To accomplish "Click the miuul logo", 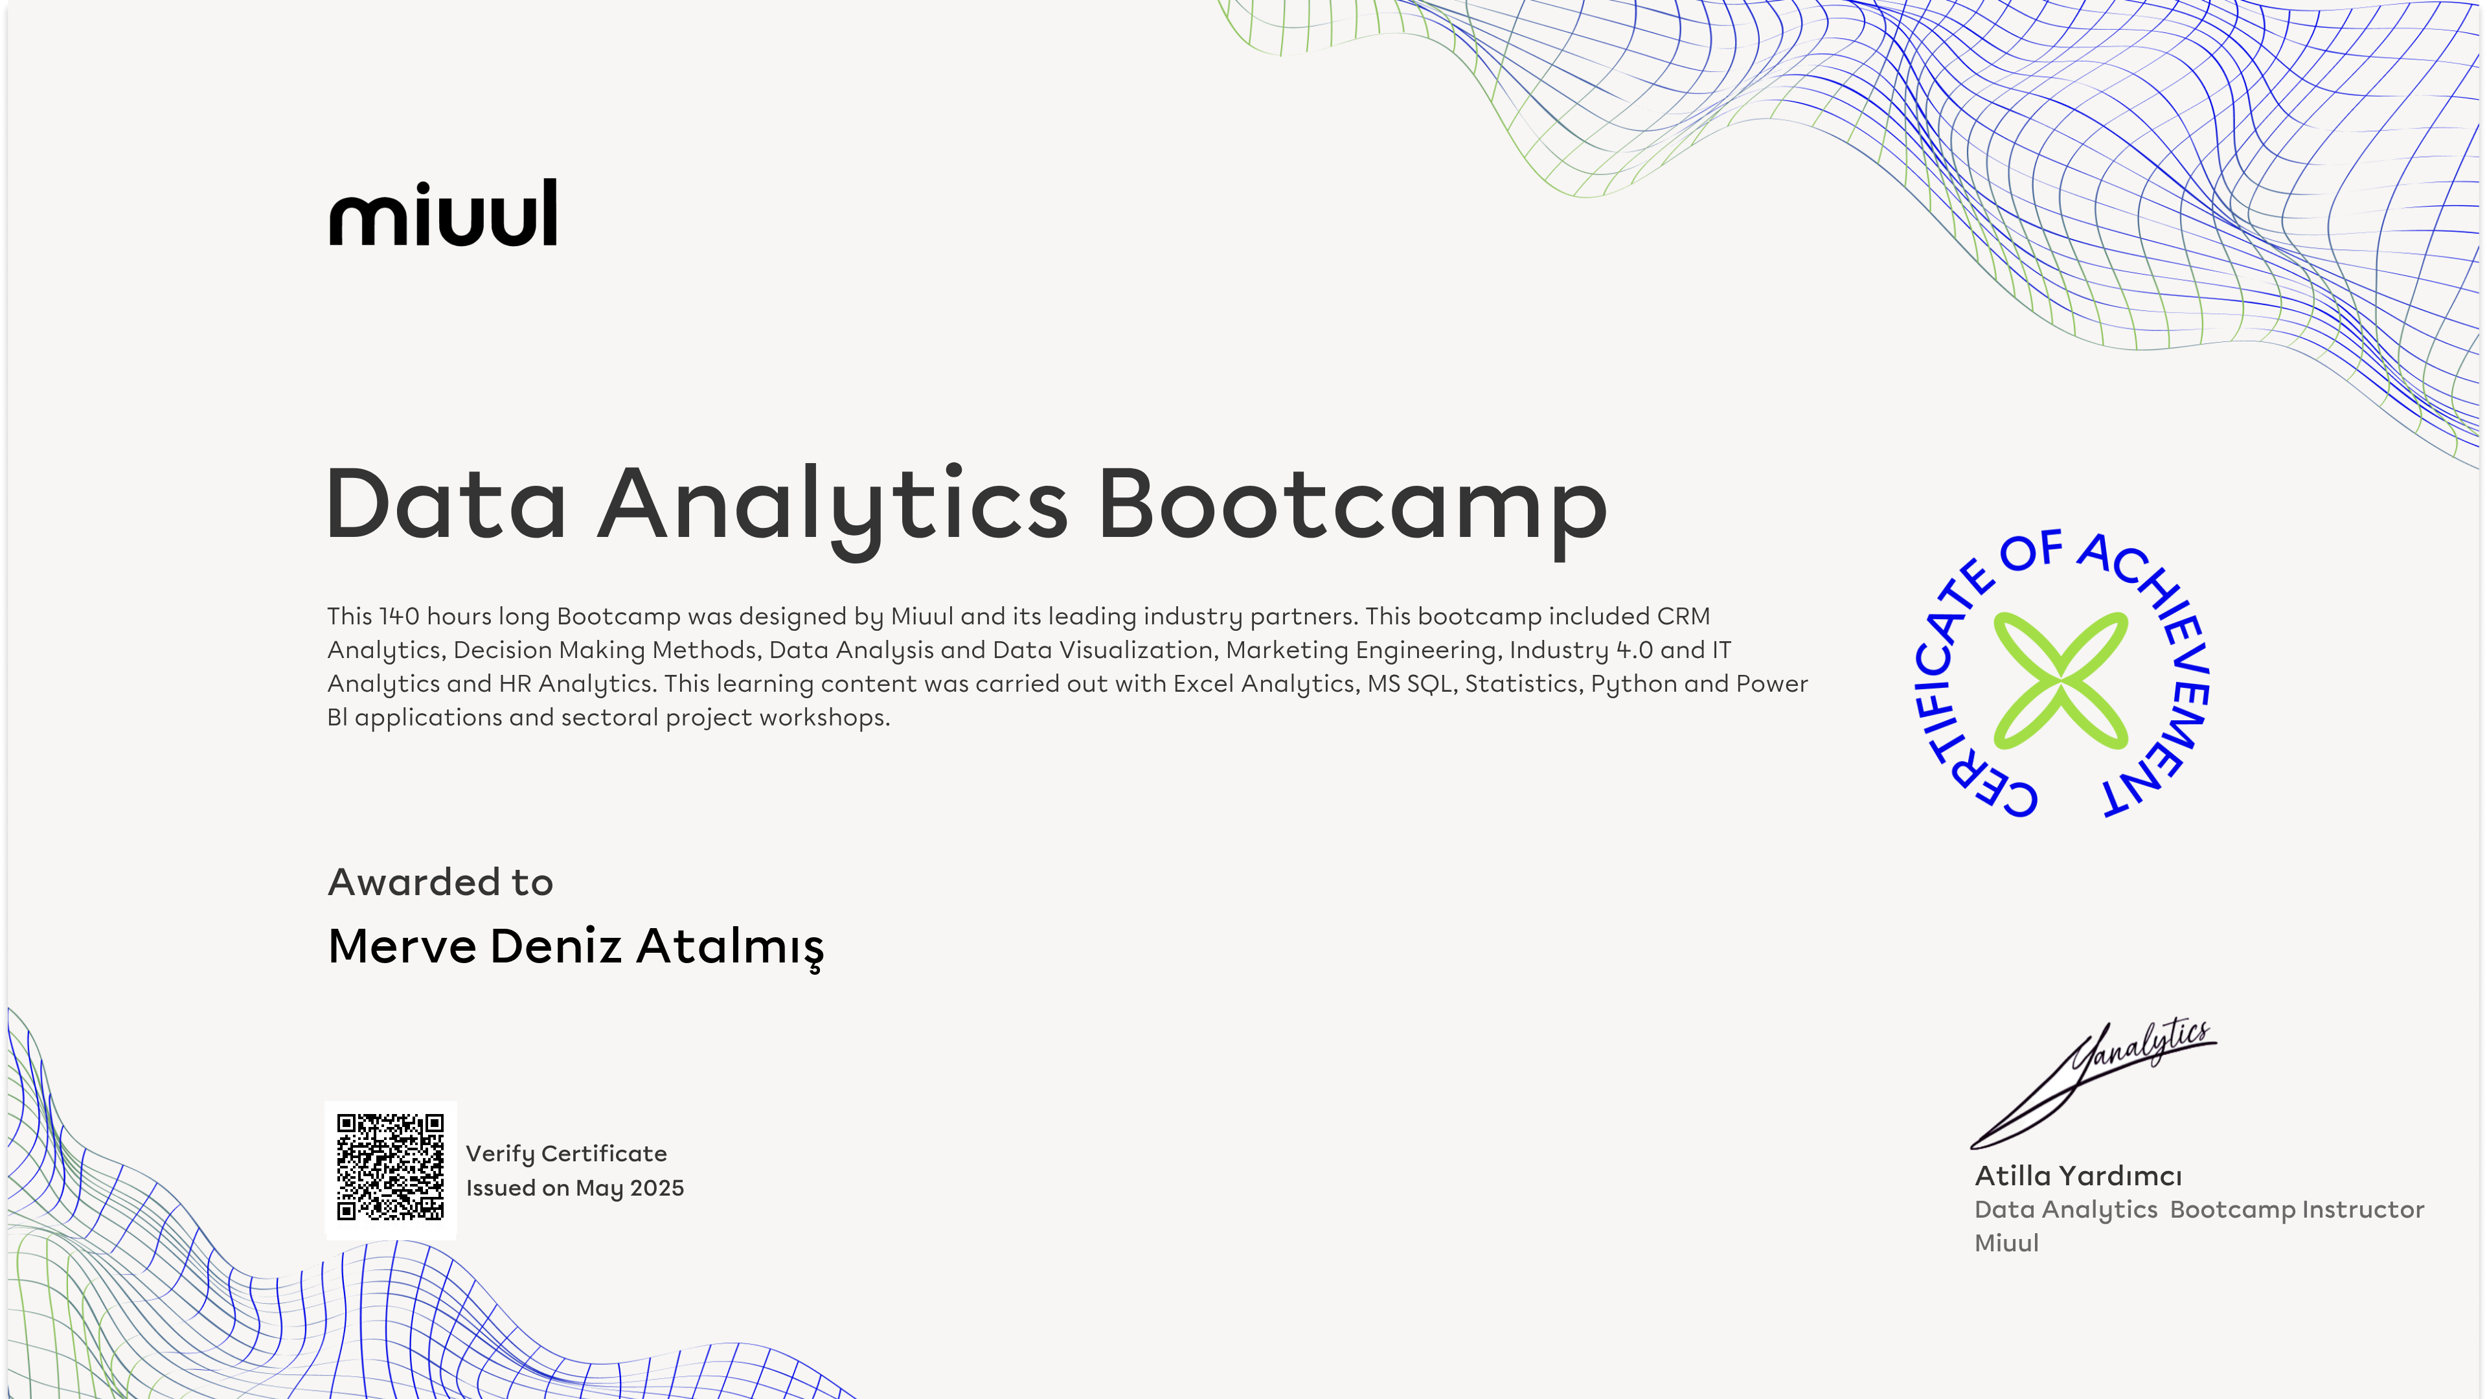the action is tap(443, 212).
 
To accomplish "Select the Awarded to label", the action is tap(440, 882).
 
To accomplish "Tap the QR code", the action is tap(390, 1167).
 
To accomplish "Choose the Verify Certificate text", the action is tap(566, 1154).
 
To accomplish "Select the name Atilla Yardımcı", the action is tap(2078, 1176).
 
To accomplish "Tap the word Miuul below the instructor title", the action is tap(2006, 1244).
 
